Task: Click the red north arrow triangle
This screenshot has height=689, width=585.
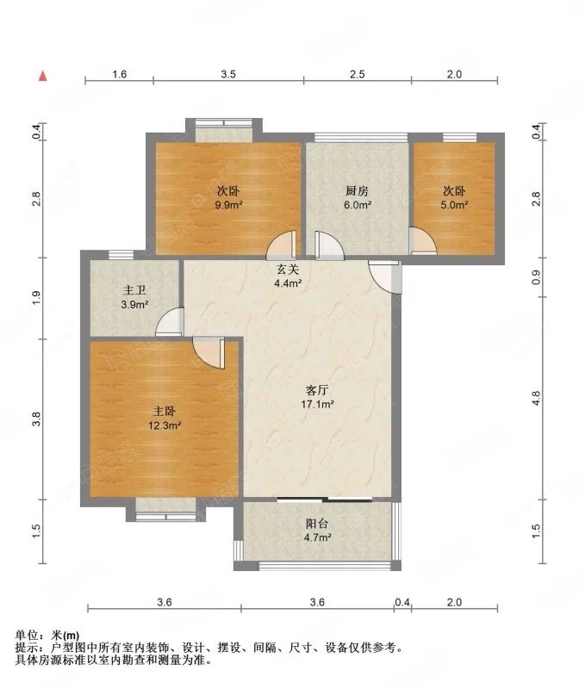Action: pos(42,76)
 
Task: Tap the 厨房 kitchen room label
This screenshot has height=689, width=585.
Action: pos(357,191)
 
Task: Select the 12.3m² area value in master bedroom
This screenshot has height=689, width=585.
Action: pos(165,425)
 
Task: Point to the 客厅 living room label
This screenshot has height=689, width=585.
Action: pos(317,390)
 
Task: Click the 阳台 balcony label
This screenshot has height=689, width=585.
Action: pos(317,524)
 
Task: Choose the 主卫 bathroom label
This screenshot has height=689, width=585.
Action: pos(134,290)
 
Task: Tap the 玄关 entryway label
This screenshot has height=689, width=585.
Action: pos(288,270)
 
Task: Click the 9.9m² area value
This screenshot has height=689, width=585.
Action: pos(228,205)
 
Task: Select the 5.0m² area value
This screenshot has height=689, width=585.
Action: pos(454,205)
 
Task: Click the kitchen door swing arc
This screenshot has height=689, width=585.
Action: pos(331,245)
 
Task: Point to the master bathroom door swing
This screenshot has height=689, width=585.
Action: pos(170,321)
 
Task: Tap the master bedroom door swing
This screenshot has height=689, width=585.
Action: pos(208,352)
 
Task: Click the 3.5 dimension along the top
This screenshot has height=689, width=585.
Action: pos(228,74)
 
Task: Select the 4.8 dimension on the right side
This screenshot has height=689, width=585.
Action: pos(536,398)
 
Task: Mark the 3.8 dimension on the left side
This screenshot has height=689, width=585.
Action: pos(37,419)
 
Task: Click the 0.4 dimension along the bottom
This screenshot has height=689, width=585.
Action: pos(402,602)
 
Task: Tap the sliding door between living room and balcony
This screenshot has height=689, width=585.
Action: pos(325,500)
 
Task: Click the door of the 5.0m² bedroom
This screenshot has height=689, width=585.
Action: pos(423,241)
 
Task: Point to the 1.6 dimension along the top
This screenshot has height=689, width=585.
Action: pos(120,74)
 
